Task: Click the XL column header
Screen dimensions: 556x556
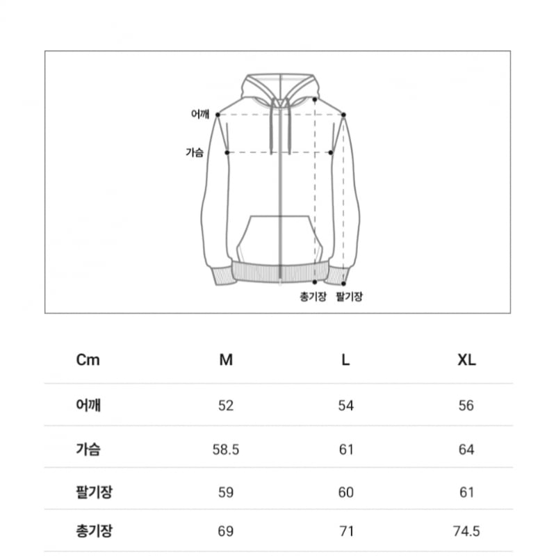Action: (x=466, y=360)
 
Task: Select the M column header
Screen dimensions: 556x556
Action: (x=226, y=360)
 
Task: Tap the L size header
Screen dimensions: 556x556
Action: (x=345, y=360)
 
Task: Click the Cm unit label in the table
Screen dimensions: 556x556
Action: (x=88, y=360)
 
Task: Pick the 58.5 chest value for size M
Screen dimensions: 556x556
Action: (x=226, y=449)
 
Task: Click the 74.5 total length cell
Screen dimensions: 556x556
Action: (x=466, y=531)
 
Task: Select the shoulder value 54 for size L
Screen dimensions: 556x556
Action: (x=345, y=405)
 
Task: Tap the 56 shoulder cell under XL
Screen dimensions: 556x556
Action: (x=466, y=405)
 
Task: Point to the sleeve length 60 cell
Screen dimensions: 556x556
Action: (x=345, y=492)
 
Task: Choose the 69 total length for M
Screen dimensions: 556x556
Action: (x=226, y=531)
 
